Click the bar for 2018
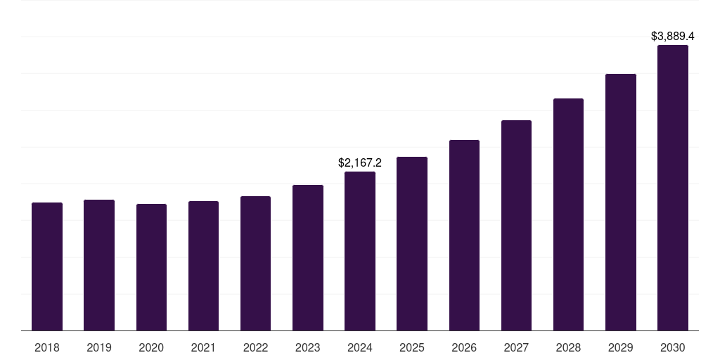tap(47, 266)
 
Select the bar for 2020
tap(151, 267)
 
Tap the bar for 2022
tap(255, 263)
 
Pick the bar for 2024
tap(360, 251)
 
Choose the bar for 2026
tap(464, 235)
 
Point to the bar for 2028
tap(568, 214)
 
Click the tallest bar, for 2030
tap(673, 188)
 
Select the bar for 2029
tap(621, 202)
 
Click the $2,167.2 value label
tap(360, 163)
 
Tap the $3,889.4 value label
tap(673, 36)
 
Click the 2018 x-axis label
tap(47, 348)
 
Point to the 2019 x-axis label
tap(99, 348)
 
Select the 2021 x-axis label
tap(203, 348)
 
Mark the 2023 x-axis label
tap(308, 348)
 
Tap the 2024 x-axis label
tap(360, 348)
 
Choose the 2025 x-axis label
tap(412, 348)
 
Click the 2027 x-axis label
tap(516, 348)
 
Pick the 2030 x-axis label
tap(673, 348)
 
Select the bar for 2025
tap(412, 243)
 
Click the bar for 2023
tap(308, 257)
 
